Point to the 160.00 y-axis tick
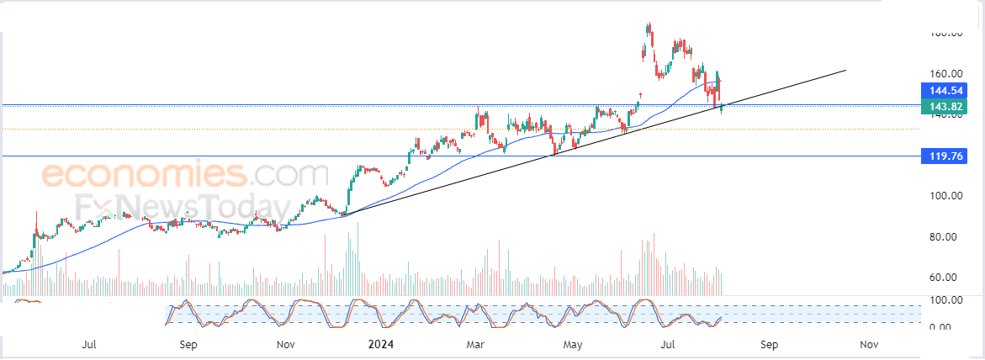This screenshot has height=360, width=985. [945, 73]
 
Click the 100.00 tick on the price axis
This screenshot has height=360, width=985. [945, 196]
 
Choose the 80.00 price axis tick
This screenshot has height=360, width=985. [945, 237]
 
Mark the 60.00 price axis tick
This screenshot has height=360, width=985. [945, 278]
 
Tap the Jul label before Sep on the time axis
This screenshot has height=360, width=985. [90, 345]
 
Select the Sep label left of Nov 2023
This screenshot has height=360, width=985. [188, 345]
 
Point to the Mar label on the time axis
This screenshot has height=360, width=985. [476, 345]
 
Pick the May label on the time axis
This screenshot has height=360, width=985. [573, 345]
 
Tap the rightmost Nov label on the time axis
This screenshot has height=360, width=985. [869, 345]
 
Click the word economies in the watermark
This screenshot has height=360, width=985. [143, 175]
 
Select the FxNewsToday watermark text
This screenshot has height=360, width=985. [178, 208]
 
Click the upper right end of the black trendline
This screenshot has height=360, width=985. [844, 70]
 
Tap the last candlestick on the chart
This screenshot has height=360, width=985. [722, 107]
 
